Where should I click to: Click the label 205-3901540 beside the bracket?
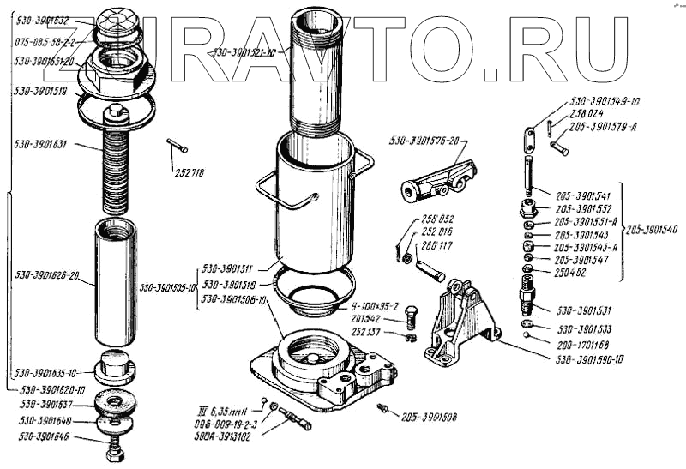point(652,230)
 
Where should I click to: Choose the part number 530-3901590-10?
point(591,358)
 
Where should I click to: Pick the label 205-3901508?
point(429,418)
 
